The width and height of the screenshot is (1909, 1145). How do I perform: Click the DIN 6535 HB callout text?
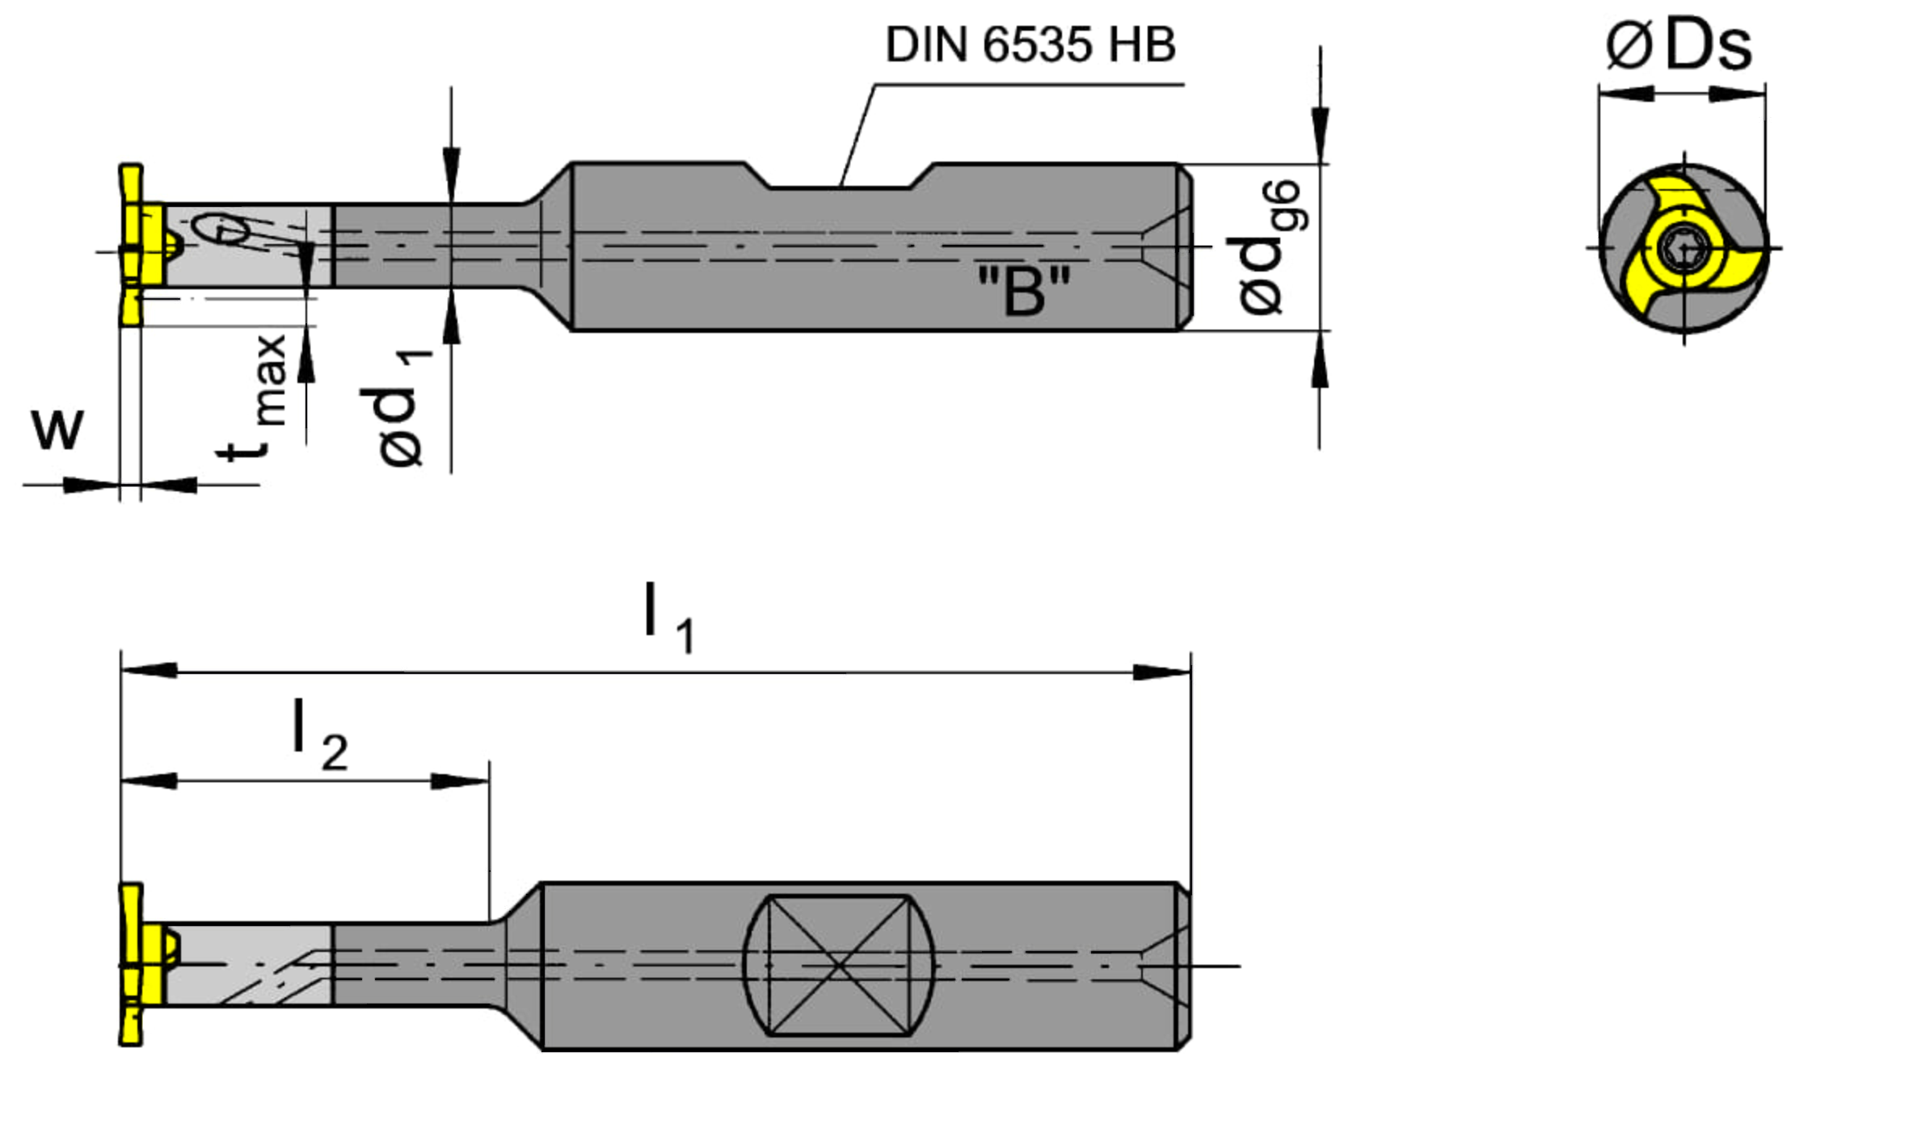coord(1030,45)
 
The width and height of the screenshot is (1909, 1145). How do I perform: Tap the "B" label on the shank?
coord(1024,292)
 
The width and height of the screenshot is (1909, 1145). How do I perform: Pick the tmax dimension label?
coord(255,396)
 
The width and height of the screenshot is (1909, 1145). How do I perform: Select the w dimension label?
coord(57,428)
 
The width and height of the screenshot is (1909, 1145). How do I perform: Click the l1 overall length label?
coord(667,618)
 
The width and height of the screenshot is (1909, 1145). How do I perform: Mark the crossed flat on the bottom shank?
coord(839,966)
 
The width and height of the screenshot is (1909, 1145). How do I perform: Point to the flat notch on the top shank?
coord(841,181)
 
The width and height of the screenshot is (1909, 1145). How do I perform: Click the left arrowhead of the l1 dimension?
coord(150,671)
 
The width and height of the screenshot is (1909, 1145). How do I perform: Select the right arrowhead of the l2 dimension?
coord(461,781)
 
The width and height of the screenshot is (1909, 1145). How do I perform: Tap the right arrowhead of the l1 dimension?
coord(1161,672)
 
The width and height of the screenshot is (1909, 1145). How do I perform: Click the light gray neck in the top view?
coord(251,246)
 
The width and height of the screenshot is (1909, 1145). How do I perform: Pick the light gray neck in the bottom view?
coord(251,966)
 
